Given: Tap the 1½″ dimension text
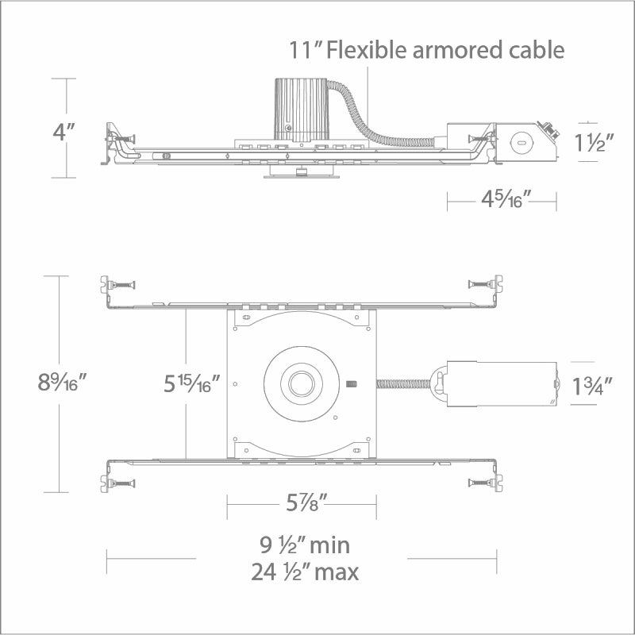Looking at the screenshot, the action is click(594, 142).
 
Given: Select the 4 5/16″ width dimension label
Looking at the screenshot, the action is click(506, 199).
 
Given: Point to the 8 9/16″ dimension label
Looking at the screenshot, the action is click(62, 382).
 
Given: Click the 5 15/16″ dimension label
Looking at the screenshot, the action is click(191, 383).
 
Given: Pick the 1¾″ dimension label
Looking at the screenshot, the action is click(591, 386).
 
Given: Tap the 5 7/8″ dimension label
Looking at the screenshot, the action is click(306, 503).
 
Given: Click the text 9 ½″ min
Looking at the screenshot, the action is click(305, 545).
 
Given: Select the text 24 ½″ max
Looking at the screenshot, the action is click(305, 571).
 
